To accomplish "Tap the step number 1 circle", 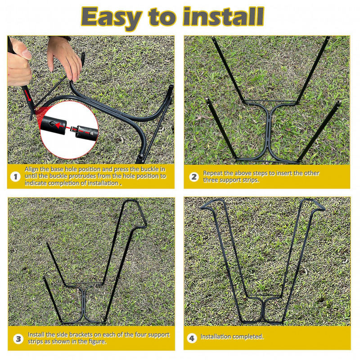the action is point(15,176).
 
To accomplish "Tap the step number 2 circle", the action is point(194,177).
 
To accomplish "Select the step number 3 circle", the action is point(18,339).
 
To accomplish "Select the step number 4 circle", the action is point(192,338).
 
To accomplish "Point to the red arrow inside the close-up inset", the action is point(61,126).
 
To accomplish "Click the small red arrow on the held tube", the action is point(28,95).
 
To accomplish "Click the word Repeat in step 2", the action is point(212,173).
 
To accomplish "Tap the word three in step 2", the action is point(210,180).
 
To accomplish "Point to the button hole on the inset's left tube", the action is point(52,124).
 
